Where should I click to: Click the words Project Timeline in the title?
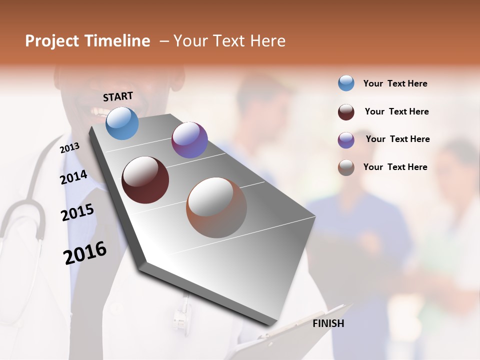pyautogui.click(x=87, y=41)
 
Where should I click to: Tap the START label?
pyautogui.click(x=118, y=96)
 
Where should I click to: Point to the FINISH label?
pyautogui.click(x=328, y=323)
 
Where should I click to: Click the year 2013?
pyautogui.click(x=69, y=148)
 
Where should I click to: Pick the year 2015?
pyautogui.click(x=77, y=212)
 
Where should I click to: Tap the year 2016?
pyautogui.click(x=85, y=253)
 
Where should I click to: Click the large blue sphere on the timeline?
pyautogui.click(x=122, y=123)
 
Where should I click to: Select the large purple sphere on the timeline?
pyautogui.click(x=189, y=140)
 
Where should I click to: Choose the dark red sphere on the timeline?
pyautogui.click(x=145, y=180)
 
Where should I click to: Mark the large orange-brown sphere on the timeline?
pyautogui.click(x=216, y=207)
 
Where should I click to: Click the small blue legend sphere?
pyautogui.click(x=346, y=83)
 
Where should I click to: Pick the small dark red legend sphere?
pyautogui.click(x=346, y=112)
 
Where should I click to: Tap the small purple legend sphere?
pyautogui.click(x=346, y=140)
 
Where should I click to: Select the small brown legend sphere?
pyautogui.click(x=346, y=167)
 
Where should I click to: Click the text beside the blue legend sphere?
pyautogui.click(x=395, y=83)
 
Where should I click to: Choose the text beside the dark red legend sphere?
pyautogui.click(x=396, y=111)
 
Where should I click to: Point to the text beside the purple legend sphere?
pyautogui.click(x=397, y=139)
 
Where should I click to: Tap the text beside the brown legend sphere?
pyautogui.click(x=395, y=167)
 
